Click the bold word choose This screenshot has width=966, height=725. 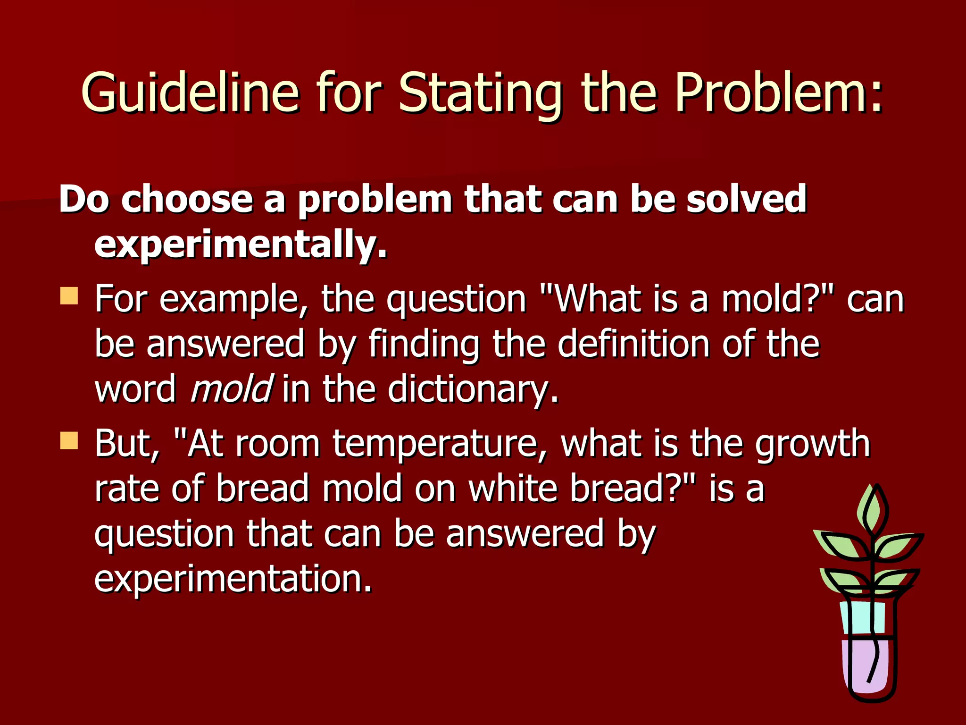187,199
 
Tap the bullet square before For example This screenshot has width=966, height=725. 69,296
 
